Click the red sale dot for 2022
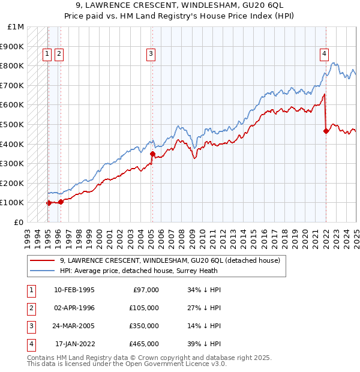326,131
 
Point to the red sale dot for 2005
152,154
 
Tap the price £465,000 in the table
144,344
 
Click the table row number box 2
30,308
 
